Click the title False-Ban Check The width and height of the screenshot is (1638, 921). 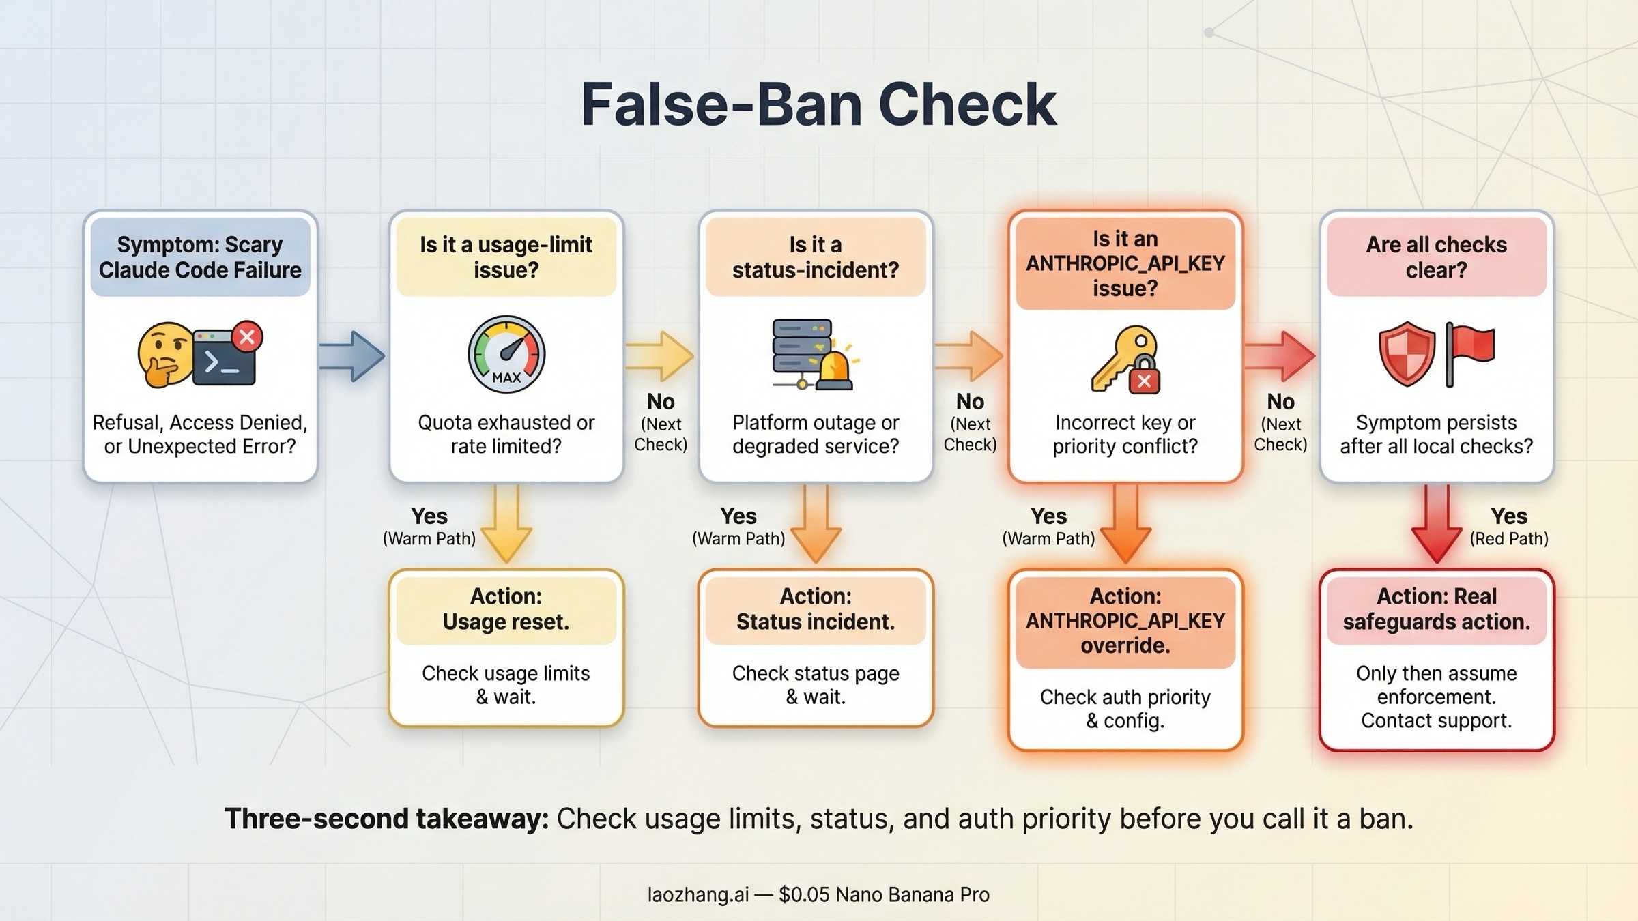818,104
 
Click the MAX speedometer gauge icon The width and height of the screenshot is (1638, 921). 506,354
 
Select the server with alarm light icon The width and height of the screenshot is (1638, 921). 812,354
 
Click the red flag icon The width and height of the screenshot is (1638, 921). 1471,353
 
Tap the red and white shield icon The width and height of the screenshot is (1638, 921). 1407,354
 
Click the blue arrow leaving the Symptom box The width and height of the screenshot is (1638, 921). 352,355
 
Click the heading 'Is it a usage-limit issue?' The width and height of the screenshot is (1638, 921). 506,257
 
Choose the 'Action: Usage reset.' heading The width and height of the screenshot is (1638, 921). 506,609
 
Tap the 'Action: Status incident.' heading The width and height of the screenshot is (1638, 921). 816,609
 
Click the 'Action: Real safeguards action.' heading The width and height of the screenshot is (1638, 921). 1436,609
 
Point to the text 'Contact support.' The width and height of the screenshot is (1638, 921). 1436,720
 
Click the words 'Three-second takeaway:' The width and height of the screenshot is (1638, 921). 386,819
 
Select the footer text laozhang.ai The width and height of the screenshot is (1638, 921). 698,894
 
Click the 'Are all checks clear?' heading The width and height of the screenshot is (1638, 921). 1436,257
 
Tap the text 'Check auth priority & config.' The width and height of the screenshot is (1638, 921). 1125,709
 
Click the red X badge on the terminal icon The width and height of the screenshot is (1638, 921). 247,336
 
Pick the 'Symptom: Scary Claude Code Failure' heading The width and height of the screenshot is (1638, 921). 200,257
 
